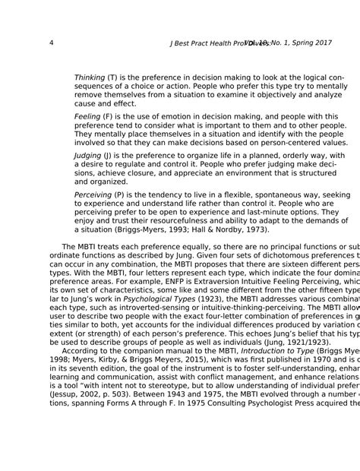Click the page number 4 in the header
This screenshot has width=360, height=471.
pos(51,43)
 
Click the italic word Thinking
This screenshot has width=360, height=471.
pos(90,77)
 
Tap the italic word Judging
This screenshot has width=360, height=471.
pos(87,155)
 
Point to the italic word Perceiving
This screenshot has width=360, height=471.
pos(93,195)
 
